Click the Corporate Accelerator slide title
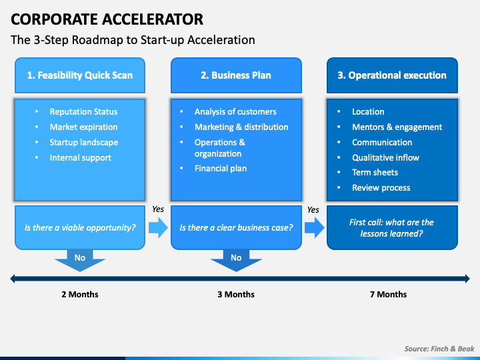(x=107, y=18)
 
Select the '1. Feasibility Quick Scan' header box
(x=80, y=75)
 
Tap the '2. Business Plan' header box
(x=236, y=75)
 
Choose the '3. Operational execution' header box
(x=392, y=75)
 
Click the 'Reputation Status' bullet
(x=83, y=112)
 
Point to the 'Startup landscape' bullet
(x=83, y=143)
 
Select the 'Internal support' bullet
(x=80, y=158)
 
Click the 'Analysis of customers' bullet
(x=235, y=112)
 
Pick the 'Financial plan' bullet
(x=221, y=169)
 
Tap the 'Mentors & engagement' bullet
(x=397, y=127)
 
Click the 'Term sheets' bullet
(x=375, y=173)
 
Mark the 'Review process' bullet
(x=381, y=188)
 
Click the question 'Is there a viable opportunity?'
(x=80, y=227)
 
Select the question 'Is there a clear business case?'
(x=236, y=227)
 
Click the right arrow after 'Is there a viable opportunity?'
(x=158, y=228)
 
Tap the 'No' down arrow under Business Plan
(x=236, y=259)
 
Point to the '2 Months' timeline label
(x=80, y=294)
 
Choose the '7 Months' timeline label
(x=388, y=294)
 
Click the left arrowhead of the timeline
(x=13, y=279)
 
